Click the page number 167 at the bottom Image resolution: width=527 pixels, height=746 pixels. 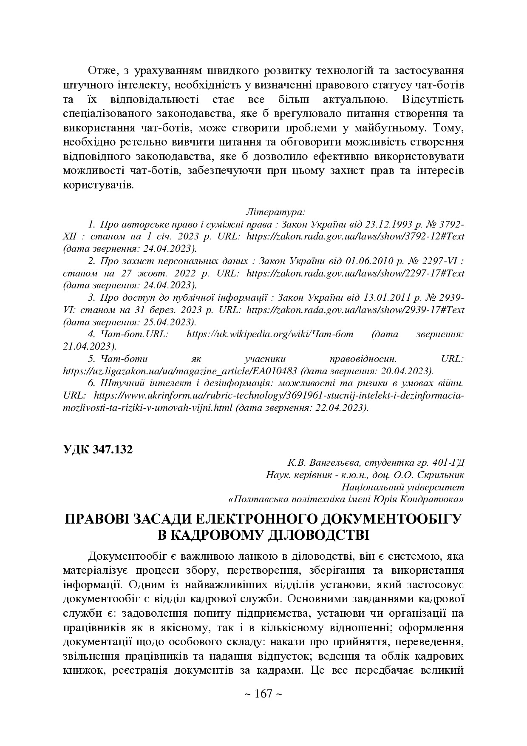point(263,694)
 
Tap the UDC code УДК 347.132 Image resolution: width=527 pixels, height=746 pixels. point(98,449)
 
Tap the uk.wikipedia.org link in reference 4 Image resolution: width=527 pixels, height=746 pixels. point(270,334)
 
